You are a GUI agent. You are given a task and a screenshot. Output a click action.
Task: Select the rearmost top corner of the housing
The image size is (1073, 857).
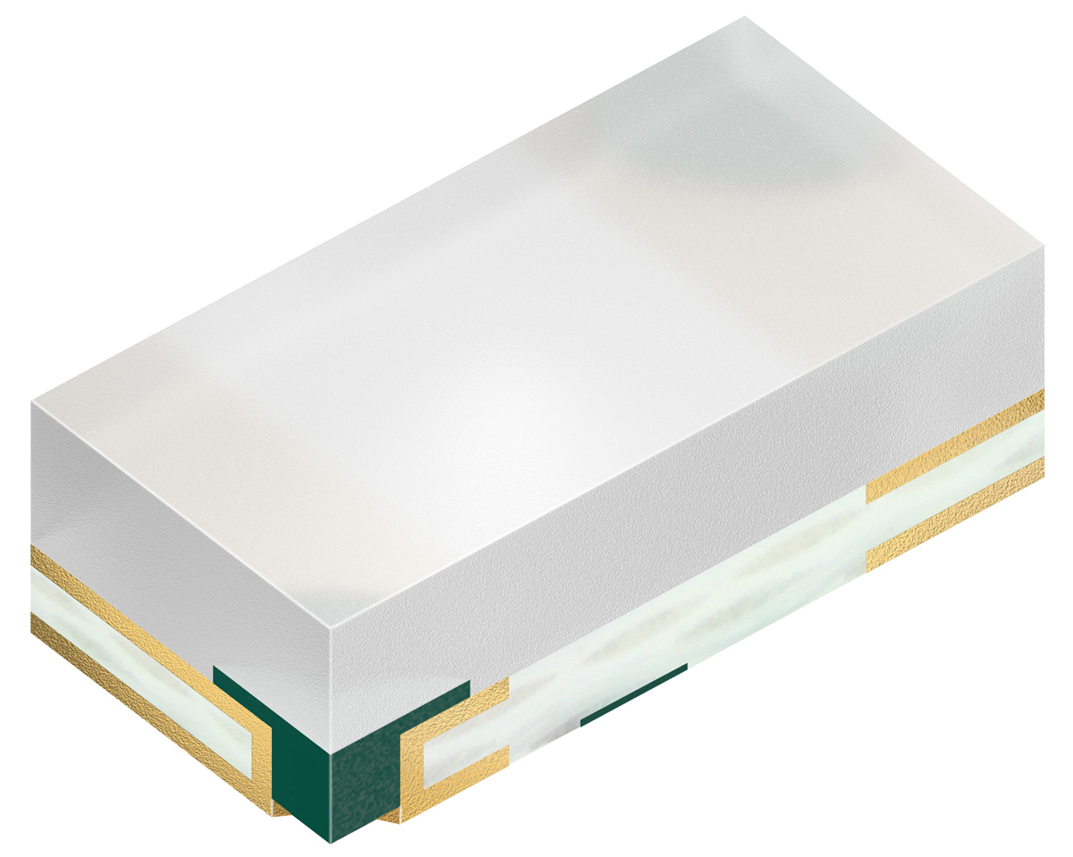point(744,17)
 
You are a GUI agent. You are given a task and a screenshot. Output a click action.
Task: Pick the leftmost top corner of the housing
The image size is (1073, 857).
point(31,402)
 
